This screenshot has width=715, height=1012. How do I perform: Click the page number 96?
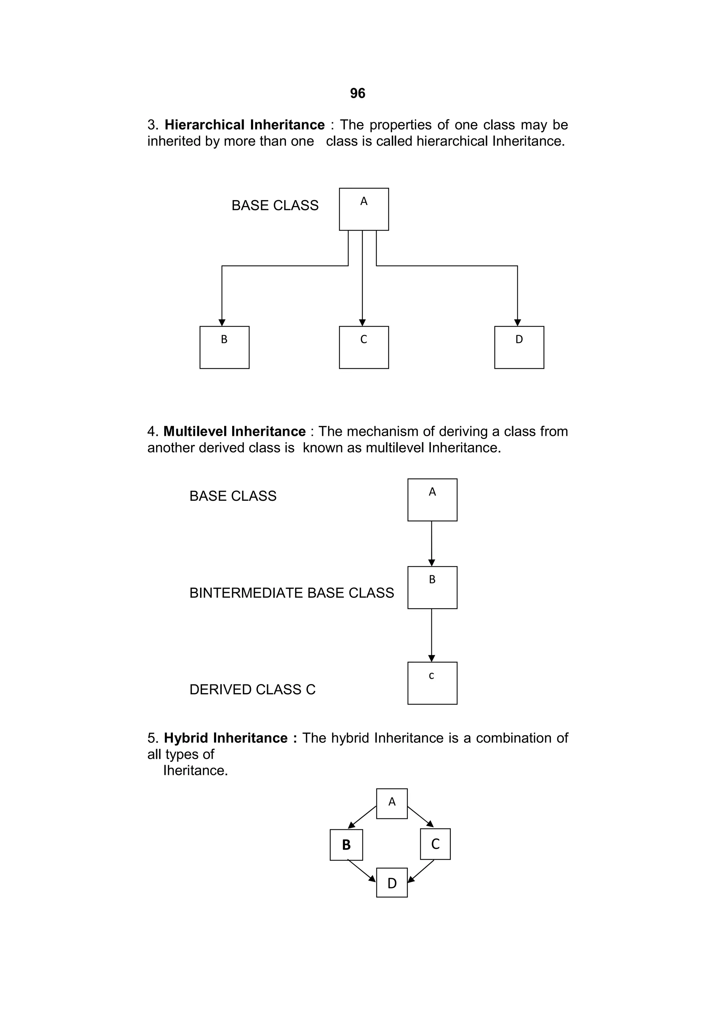[357, 93]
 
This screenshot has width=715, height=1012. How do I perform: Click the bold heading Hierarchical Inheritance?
[244, 125]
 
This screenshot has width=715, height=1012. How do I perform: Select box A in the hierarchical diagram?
[363, 209]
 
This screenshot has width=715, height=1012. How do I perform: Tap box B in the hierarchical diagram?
[224, 347]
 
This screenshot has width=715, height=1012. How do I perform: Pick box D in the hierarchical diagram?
[519, 347]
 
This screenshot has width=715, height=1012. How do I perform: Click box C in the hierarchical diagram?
[363, 347]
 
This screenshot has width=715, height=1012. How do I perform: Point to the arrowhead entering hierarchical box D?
[517, 323]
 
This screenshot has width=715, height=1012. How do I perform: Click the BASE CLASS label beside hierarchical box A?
[275, 205]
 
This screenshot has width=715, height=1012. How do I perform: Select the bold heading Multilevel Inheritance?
[234, 431]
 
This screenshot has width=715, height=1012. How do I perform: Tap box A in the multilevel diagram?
[432, 500]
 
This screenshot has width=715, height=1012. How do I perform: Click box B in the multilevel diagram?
[432, 588]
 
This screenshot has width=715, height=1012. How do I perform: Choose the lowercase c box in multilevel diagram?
[432, 683]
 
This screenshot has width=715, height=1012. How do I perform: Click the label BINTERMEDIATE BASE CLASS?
[292, 593]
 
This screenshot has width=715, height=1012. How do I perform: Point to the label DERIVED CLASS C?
[252, 689]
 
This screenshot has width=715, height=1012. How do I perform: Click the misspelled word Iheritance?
[196, 770]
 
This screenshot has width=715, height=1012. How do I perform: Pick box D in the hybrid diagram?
[392, 883]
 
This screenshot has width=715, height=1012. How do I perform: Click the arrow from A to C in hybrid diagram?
[420, 817]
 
